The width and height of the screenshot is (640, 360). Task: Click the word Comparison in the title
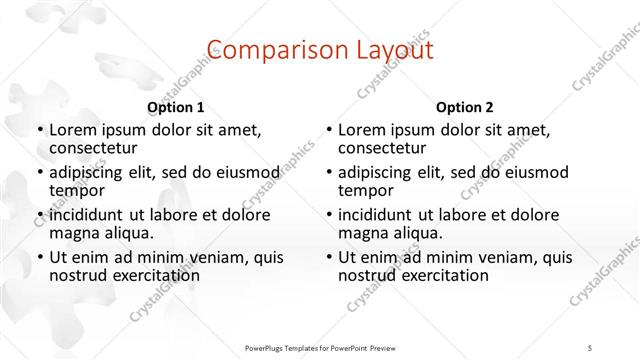(x=263, y=49)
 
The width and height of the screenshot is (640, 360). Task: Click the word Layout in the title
(x=387, y=49)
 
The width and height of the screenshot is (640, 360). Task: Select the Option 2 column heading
(x=464, y=107)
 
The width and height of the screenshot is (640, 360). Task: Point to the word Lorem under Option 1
(x=74, y=130)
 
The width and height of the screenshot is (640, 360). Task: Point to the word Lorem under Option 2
(x=363, y=130)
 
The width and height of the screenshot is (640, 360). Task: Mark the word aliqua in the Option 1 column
(x=129, y=233)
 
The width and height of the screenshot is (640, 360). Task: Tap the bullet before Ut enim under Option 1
(x=38, y=257)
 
